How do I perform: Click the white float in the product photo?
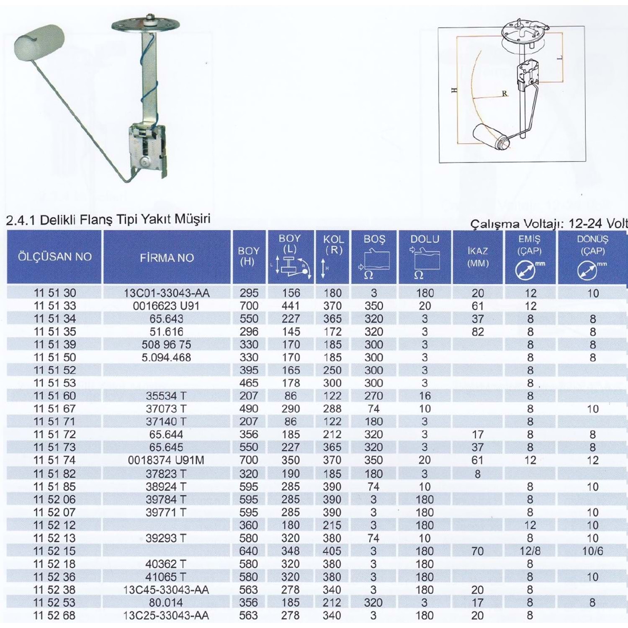pos(39,41)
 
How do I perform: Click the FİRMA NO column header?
pos(167,257)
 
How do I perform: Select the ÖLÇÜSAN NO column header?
pos(54,257)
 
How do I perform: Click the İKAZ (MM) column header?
pos(478,257)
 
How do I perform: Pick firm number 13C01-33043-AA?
pos(167,293)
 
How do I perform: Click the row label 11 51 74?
pos(54,460)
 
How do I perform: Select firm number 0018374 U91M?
pos(166,460)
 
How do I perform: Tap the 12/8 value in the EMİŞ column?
pos(530,551)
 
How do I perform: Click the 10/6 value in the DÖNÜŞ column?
pos(592,551)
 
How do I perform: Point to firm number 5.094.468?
pos(166,358)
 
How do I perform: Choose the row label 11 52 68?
pos(54,615)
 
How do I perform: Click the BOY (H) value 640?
pos(249,551)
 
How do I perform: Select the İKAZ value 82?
pos(478,332)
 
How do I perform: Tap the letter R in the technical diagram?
pos(504,93)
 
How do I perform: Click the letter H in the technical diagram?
pos(455,90)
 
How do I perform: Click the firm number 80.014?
pos(166,602)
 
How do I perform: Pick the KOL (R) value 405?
pos(332,551)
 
